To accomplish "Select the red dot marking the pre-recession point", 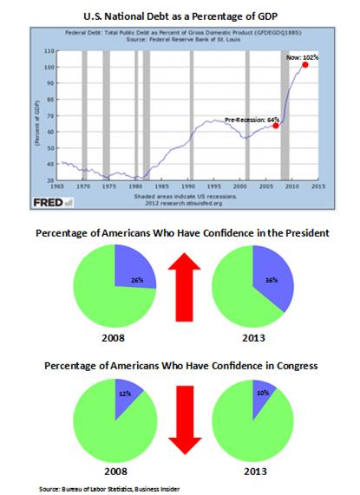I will coord(276,126).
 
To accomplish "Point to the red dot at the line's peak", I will coord(305,65).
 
